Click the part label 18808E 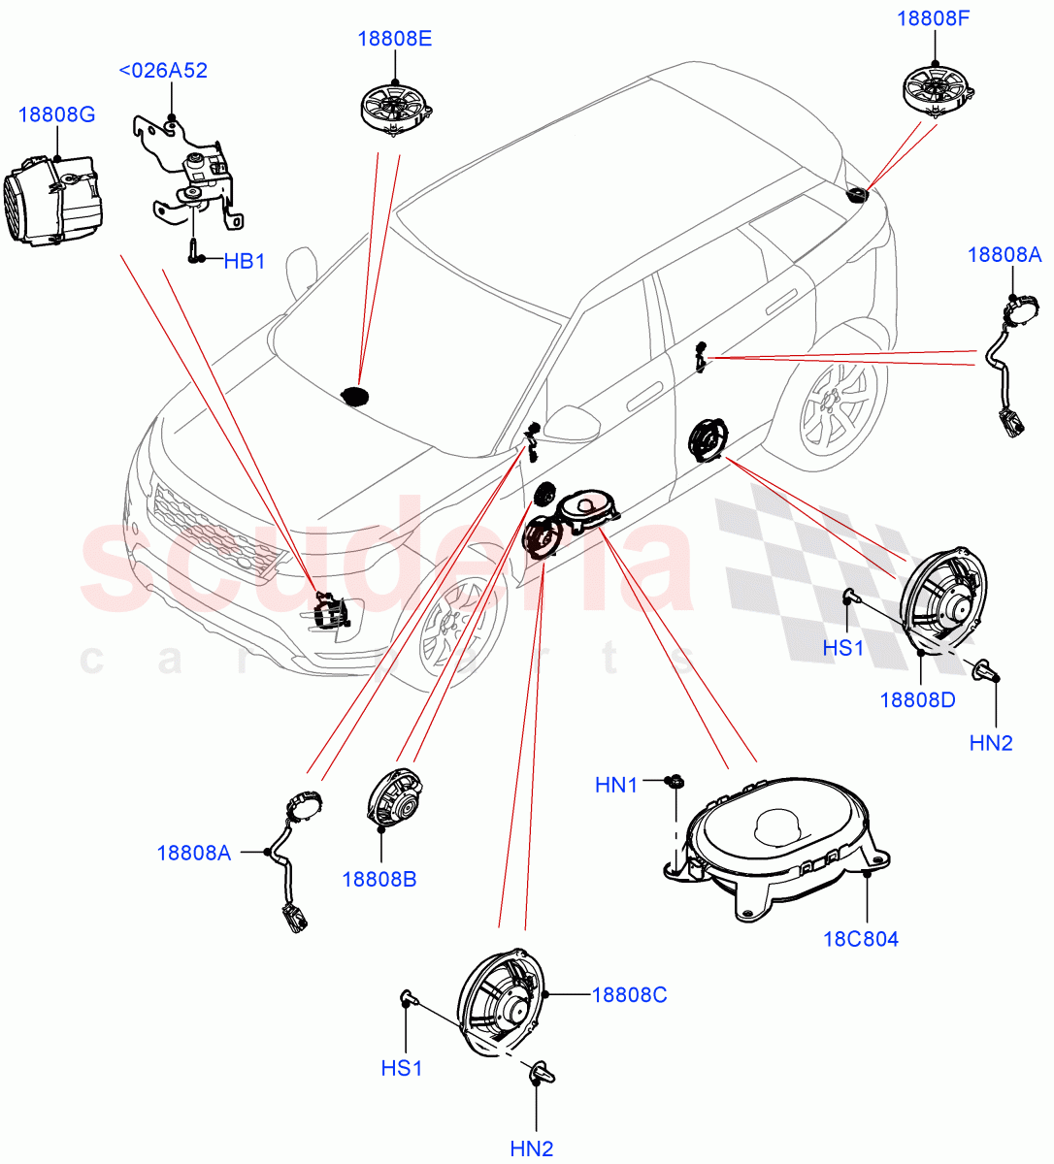tap(394, 39)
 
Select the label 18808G tap(56, 115)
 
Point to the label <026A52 tap(163, 71)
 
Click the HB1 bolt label tap(244, 261)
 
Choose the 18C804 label tap(860, 939)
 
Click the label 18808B tap(379, 880)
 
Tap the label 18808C tap(629, 994)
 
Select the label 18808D tap(917, 699)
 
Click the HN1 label tap(616, 785)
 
